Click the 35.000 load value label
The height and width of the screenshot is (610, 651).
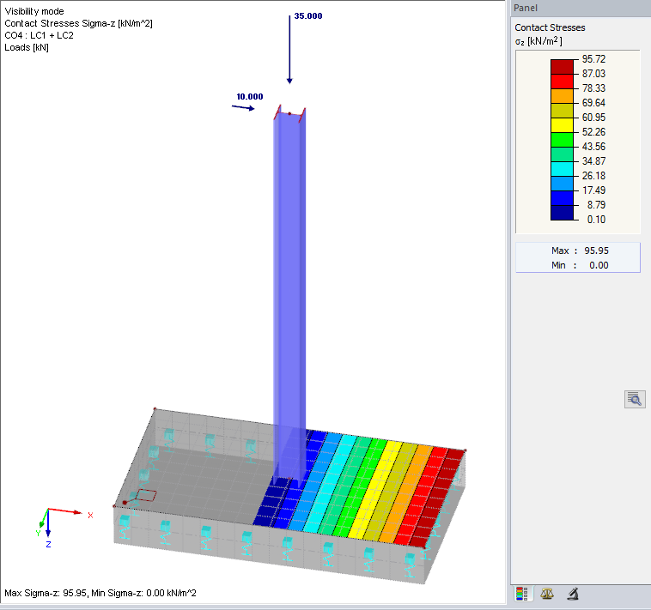coord(307,15)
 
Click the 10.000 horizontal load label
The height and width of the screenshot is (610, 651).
coord(248,96)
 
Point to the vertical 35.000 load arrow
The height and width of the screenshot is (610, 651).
coord(290,51)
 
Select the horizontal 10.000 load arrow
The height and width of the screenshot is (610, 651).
coord(243,108)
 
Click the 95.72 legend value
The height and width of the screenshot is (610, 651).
coord(594,59)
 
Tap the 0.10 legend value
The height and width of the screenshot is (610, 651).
coord(594,219)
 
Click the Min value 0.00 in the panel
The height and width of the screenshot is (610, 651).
coord(599,265)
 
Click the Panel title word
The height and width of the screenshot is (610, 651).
coord(526,8)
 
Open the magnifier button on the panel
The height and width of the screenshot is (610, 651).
coord(635,398)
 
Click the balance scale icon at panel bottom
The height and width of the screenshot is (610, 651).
coord(546,593)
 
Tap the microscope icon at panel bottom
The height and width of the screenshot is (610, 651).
coord(571,593)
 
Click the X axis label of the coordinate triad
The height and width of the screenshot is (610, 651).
coord(90,515)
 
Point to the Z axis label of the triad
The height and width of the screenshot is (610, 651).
coord(48,544)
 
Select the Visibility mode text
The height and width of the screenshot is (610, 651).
coord(34,11)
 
